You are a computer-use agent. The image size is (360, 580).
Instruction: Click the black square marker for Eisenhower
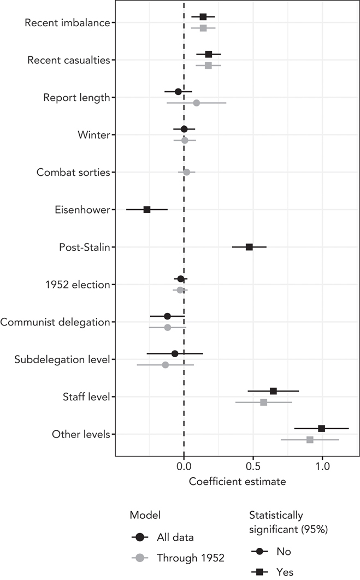(x=147, y=209)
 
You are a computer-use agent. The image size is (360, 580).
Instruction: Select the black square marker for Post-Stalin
(x=249, y=247)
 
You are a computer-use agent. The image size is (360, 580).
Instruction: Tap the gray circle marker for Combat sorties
(x=186, y=172)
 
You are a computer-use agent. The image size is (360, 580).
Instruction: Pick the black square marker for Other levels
(x=321, y=428)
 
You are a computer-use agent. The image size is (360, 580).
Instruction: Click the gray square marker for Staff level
(x=264, y=402)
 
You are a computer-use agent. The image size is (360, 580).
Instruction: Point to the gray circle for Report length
(x=196, y=103)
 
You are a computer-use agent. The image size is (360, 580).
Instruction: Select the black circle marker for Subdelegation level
(x=175, y=353)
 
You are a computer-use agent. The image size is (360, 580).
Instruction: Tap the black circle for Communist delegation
(x=167, y=316)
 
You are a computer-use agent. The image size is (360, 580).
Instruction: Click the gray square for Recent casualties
(x=208, y=66)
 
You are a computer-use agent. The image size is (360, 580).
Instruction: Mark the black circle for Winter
(x=184, y=129)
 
